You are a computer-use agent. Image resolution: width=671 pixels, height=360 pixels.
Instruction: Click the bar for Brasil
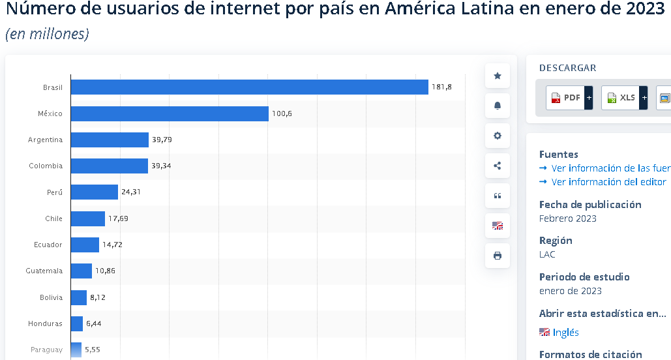pos(249,87)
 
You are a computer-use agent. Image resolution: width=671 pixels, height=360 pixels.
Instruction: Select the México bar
pos(170,113)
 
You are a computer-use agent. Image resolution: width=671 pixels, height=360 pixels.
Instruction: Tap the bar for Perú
pos(95,192)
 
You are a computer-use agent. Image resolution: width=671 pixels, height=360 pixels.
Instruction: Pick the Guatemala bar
pos(82,271)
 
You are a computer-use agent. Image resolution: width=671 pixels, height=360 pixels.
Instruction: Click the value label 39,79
pos(162,140)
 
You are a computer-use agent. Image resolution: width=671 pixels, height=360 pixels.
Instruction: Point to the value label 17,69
pos(118,218)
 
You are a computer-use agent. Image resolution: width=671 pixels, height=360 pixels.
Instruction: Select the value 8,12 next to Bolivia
pos(98,297)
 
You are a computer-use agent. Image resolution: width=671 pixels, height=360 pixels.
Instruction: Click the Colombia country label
pos(46,166)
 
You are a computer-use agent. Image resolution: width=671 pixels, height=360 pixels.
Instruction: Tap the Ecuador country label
pos(48,245)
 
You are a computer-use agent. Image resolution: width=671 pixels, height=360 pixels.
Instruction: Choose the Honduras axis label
pos(45,323)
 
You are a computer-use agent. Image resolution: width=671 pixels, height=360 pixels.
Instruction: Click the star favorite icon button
pos(498,76)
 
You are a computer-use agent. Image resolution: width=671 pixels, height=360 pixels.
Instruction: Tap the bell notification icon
pos(498,106)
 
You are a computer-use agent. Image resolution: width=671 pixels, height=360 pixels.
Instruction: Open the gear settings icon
pos(498,136)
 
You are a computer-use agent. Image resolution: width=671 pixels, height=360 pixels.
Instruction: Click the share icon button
pos(498,166)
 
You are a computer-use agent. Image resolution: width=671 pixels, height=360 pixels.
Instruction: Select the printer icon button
pos(498,256)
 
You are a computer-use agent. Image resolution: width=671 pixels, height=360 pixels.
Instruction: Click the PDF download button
pos(569,98)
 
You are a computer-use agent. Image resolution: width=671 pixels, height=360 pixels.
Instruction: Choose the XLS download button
pos(624,98)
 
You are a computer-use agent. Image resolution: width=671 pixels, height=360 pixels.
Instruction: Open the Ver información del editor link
pos(608,182)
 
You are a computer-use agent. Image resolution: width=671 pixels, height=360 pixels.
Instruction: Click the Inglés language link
pos(565,333)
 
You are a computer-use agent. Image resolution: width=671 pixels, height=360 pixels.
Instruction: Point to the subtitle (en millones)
pos(47,34)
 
